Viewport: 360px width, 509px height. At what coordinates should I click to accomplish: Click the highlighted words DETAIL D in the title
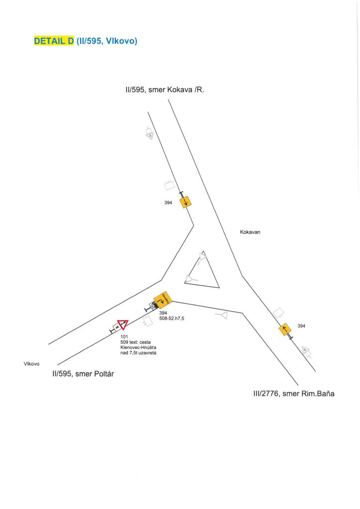pos(53,41)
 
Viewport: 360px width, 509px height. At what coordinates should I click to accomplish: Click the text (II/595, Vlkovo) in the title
pos(107,41)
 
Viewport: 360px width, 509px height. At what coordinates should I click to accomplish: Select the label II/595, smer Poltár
pos(84,374)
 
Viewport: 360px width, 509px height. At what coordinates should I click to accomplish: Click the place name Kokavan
pos(250,232)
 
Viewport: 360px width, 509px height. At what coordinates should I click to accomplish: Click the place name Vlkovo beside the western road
pos(32,364)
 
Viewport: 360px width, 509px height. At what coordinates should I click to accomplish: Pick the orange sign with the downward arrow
pos(185,202)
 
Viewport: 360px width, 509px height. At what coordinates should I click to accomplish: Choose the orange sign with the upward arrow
pos(285,329)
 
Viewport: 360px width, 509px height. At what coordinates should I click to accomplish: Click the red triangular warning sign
pos(123,325)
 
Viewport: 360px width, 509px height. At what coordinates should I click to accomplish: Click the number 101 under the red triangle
pos(124,337)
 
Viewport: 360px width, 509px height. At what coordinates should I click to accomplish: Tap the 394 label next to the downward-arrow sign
pos(168,203)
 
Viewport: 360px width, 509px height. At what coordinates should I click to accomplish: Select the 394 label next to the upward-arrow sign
pos(301,326)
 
